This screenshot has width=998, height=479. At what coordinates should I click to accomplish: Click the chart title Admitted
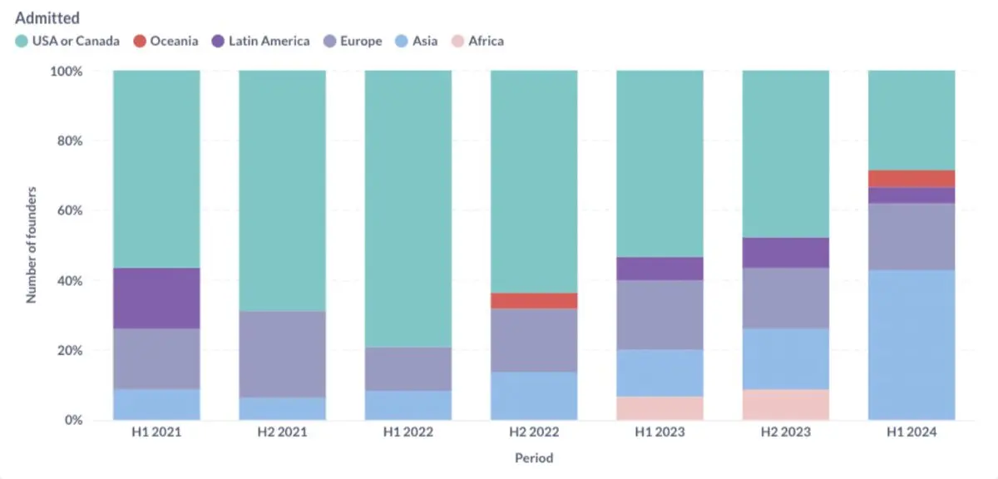[47, 17]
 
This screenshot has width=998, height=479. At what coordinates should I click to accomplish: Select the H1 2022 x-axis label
[408, 433]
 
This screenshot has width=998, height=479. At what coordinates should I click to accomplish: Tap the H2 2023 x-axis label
[785, 433]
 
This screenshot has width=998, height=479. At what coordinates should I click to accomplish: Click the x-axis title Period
[533, 458]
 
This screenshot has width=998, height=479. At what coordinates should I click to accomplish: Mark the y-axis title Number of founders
[32, 246]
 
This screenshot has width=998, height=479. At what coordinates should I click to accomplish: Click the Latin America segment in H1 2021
[156, 298]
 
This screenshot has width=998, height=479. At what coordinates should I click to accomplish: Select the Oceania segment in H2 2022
[534, 300]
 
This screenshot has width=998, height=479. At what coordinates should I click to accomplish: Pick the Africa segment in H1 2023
[660, 408]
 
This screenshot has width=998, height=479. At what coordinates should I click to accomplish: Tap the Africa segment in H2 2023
[785, 405]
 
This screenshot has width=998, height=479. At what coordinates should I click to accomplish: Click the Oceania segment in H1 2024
[912, 179]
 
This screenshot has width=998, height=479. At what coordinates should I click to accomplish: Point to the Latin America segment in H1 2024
[912, 195]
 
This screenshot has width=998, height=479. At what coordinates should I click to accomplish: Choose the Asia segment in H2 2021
[282, 408]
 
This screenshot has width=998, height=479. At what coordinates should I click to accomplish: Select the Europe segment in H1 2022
[408, 368]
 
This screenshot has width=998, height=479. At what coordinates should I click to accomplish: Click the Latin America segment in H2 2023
[785, 253]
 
